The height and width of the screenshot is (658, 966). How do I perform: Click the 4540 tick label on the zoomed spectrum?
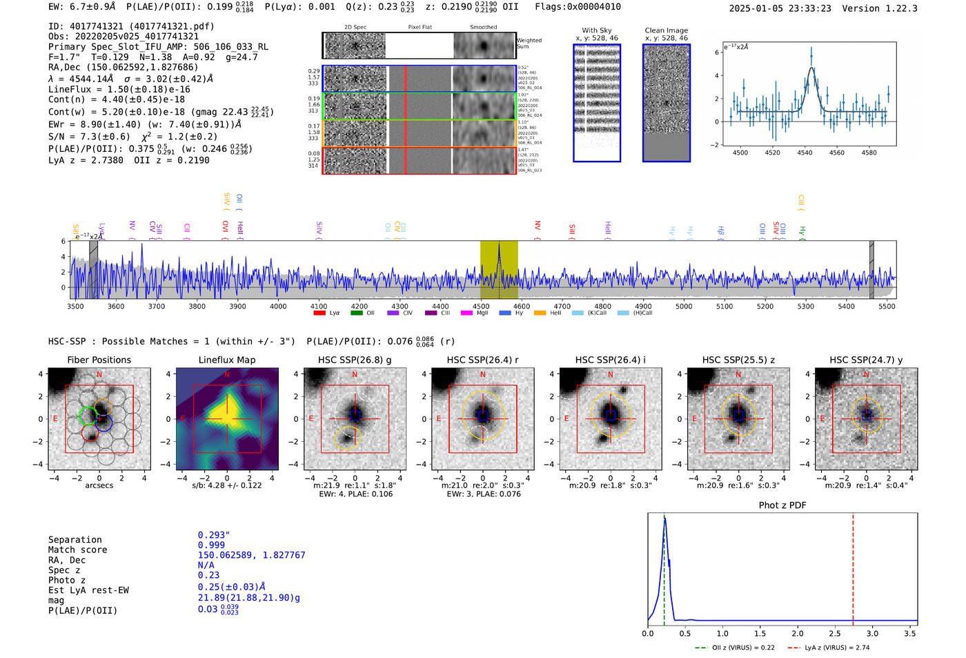pos(805,153)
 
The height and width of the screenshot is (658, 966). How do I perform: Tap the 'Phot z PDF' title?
pos(782,505)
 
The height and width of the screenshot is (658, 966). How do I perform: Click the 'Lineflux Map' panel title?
pos(227,360)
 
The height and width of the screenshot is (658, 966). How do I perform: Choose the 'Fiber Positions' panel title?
pos(99,360)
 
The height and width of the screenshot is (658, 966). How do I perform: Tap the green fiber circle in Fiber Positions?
pos(88,415)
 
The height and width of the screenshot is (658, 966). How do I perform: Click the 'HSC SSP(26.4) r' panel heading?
pos(482,360)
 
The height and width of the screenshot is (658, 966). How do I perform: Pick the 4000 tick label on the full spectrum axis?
pos(278,306)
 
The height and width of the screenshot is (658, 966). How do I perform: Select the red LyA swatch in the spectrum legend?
pos(319,313)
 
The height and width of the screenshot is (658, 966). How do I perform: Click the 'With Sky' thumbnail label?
pos(597,30)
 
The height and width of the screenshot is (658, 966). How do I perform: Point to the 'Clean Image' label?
pos(666,30)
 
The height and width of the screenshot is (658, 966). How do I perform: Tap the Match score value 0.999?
pos(211,545)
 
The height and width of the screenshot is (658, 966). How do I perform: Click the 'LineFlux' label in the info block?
pos(70,89)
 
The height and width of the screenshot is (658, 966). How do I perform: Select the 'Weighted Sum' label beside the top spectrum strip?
pos(529,43)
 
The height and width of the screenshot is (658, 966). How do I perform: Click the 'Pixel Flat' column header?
pos(420,27)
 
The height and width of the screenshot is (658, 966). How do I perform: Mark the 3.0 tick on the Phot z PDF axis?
pos(872,633)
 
